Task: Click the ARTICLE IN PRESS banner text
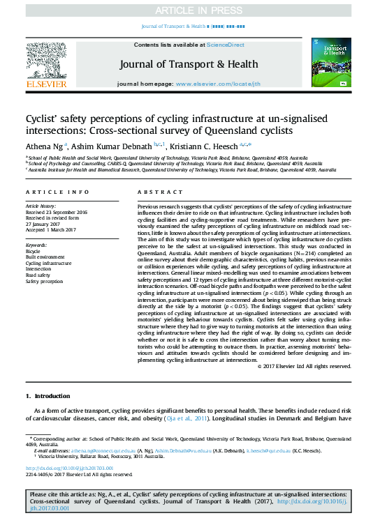coord(190,10)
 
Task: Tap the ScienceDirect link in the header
coord(225,44)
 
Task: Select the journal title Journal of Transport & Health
coord(189,63)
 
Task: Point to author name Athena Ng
coord(44,145)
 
